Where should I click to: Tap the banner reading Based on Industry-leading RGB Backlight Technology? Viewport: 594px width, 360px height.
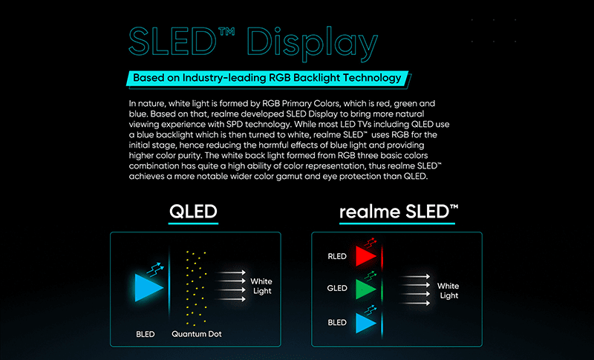coord(267,77)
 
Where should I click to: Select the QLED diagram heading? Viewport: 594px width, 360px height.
coord(193,212)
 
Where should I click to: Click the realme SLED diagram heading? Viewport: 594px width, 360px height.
coord(398,212)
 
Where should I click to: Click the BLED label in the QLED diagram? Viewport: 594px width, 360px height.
coord(146,334)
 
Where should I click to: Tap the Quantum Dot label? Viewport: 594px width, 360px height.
coord(196,334)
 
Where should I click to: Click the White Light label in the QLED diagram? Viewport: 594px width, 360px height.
coord(261,287)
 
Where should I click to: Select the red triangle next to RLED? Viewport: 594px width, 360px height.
coord(365,257)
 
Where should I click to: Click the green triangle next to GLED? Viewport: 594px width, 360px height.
coord(365,288)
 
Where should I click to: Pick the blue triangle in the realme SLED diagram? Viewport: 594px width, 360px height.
coord(365,323)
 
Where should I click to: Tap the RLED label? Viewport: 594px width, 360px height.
coord(337,257)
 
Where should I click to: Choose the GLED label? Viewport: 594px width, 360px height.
coord(337,288)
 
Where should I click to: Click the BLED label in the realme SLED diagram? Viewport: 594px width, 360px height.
coord(337,323)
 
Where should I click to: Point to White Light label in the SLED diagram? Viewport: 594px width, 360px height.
coord(448,291)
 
